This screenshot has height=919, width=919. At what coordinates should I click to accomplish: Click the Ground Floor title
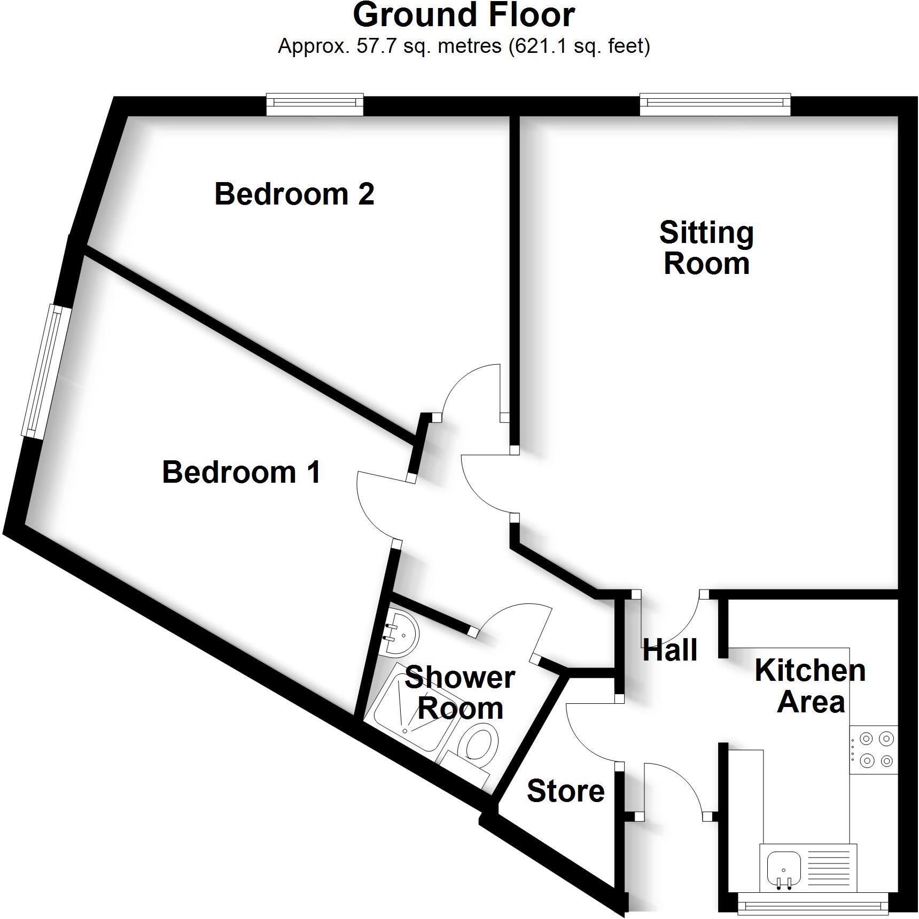tap(464, 15)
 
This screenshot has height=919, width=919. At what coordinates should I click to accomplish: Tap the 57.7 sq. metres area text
tap(464, 46)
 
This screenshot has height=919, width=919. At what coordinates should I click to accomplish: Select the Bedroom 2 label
tap(294, 194)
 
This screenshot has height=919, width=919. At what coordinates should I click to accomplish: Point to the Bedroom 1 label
tap(242, 472)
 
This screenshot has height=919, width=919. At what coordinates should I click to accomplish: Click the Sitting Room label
tap(706, 248)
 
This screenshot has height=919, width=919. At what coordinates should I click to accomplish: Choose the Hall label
tap(670, 650)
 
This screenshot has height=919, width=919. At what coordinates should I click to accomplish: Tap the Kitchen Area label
tap(811, 686)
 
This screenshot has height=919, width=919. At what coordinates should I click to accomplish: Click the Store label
tap(565, 791)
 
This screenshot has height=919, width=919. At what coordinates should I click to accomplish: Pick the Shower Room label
tap(460, 693)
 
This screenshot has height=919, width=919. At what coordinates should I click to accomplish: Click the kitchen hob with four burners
tap(874, 749)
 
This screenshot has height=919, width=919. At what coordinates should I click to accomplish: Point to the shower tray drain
tap(405, 730)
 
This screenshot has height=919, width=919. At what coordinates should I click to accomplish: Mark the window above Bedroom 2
tap(315, 105)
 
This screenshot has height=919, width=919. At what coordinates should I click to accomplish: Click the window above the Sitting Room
tap(715, 105)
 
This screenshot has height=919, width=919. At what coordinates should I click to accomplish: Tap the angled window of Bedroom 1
tap(46, 371)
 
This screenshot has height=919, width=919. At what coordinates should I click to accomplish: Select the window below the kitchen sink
tap(813, 906)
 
